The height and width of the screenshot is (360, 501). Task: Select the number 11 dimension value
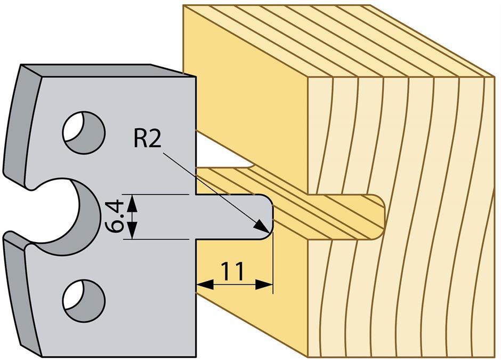[x=233, y=271]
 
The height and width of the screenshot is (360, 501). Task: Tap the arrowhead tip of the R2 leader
[x=266, y=230]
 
